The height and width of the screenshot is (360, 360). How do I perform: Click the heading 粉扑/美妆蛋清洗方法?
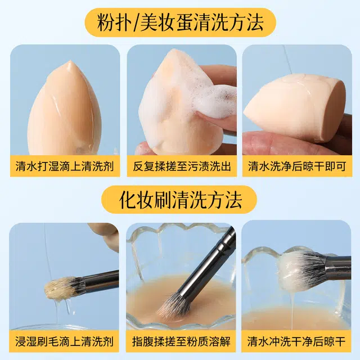180,23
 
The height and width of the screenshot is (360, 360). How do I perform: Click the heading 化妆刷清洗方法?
180,199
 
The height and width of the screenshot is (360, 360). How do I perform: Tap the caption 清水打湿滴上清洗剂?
65,166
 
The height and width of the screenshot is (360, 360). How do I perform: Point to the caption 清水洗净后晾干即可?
296,166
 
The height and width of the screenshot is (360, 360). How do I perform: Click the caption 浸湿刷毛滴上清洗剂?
65,341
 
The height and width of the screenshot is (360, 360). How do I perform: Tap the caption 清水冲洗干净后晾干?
296,341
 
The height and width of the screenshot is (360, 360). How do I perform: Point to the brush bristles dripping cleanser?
61,288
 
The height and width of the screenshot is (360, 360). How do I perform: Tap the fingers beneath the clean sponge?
281,143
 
